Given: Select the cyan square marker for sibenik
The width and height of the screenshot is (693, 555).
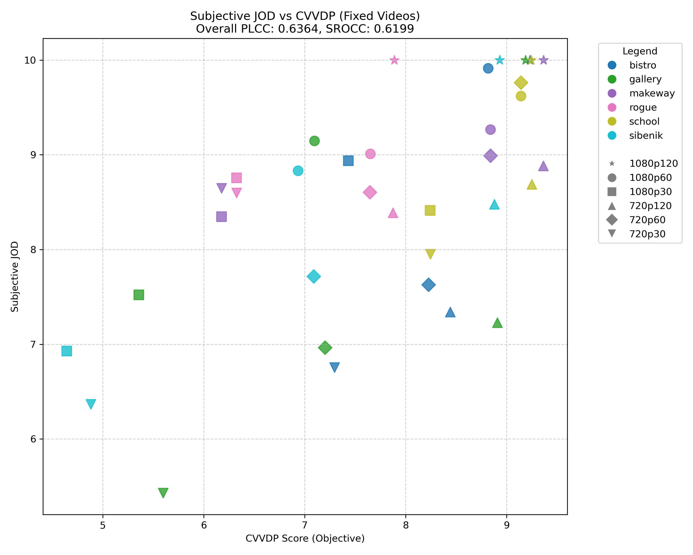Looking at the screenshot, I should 67,351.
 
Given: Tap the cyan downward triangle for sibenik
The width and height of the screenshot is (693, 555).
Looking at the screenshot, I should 91,404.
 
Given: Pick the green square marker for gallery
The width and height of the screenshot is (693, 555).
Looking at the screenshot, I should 139,295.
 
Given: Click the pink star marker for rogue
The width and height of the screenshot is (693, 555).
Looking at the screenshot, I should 394,60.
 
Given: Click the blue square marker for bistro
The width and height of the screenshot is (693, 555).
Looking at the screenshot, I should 348,160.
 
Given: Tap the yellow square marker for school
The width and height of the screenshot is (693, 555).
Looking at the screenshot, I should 430,210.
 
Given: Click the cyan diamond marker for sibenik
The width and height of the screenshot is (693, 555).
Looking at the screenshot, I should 314,276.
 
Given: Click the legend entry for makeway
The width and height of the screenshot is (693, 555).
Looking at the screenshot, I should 652,93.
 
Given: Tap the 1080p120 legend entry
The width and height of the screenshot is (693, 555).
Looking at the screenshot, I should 653,164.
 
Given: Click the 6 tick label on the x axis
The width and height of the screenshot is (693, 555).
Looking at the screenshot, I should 204,525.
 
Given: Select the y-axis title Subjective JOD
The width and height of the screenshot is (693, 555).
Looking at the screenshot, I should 15,277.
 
